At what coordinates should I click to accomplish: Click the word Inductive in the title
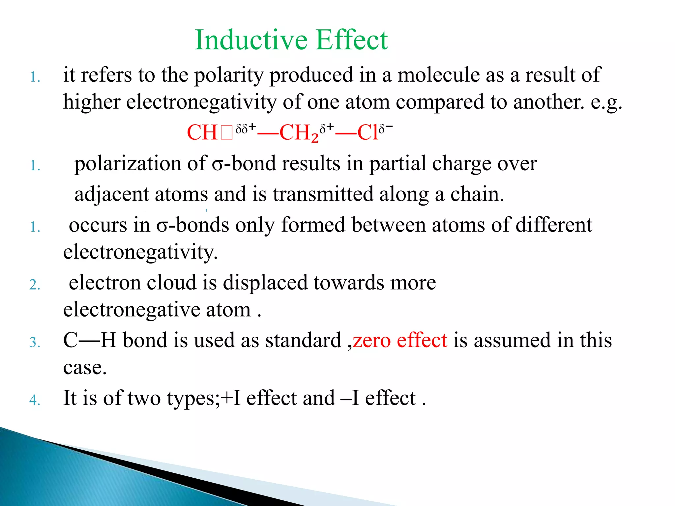(x=250, y=40)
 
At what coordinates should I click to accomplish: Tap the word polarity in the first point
(x=229, y=75)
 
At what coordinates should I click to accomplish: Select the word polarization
(x=128, y=164)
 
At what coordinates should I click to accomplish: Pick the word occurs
(x=98, y=225)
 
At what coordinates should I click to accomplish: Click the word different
(x=553, y=225)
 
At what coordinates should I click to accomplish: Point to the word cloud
(x=171, y=283)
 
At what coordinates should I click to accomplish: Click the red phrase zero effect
(x=400, y=341)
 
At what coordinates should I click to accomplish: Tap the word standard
(x=303, y=341)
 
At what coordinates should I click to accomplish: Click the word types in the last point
(x=192, y=399)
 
